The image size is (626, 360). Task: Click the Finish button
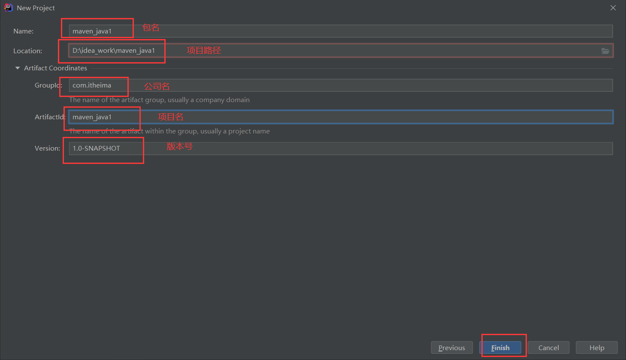click(500, 348)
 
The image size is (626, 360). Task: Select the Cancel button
click(548, 348)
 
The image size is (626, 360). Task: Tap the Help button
click(596, 348)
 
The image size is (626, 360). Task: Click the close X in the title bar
click(613, 8)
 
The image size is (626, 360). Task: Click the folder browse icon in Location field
click(605, 51)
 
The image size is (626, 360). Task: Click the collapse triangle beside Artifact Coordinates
click(18, 68)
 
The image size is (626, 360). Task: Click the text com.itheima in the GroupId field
click(92, 85)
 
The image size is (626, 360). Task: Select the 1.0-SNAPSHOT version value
click(96, 148)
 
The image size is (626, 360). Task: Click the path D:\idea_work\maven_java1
click(114, 51)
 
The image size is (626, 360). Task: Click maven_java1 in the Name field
click(92, 31)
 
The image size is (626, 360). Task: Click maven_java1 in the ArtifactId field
click(92, 117)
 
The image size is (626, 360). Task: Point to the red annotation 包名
click(151, 27)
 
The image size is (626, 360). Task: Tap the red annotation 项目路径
click(204, 50)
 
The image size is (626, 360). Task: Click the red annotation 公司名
click(157, 86)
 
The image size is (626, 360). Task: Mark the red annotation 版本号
click(180, 146)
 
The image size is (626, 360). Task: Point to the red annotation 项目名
click(171, 117)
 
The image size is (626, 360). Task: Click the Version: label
click(47, 148)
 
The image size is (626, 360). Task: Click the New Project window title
click(36, 8)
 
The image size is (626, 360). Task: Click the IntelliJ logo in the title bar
click(8, 8)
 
